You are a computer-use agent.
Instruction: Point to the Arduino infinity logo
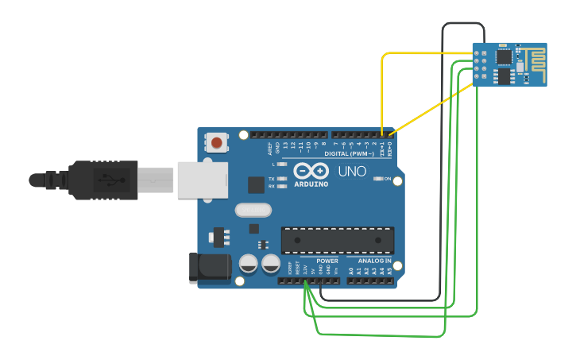(311, 170)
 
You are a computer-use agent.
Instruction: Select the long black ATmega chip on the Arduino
(338, 241)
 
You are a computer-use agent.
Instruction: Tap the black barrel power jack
(209, 268)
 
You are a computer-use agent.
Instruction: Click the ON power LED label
(388, 179)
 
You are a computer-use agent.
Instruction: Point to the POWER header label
(327, 261)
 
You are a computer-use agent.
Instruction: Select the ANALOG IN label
(374, 261)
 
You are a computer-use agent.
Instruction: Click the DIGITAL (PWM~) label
(350, 153)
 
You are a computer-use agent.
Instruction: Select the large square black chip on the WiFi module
(504, 56)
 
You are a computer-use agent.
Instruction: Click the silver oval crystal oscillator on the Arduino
(253, 211)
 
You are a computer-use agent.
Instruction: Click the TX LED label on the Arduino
(272, 179)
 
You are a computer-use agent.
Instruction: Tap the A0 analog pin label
(351, 271)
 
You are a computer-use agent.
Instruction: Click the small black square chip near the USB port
(256, 184)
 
